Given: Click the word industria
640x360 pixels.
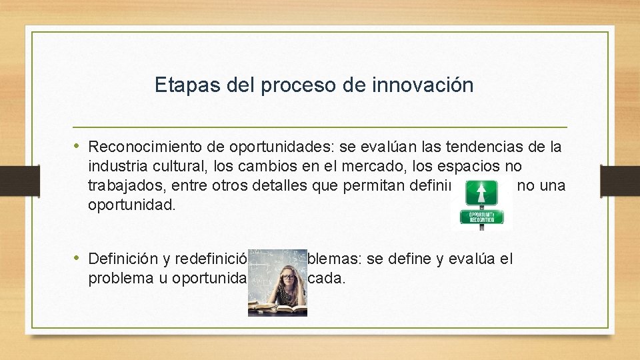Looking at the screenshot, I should [116, 165].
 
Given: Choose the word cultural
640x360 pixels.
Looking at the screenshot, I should [175, 165].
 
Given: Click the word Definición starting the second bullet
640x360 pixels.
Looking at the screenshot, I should [120, 259].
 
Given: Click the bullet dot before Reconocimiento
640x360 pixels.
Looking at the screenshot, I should [77, 145].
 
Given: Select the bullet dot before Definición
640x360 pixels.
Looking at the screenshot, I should [77, 258].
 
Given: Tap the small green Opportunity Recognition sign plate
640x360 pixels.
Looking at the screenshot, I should [481, 217].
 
